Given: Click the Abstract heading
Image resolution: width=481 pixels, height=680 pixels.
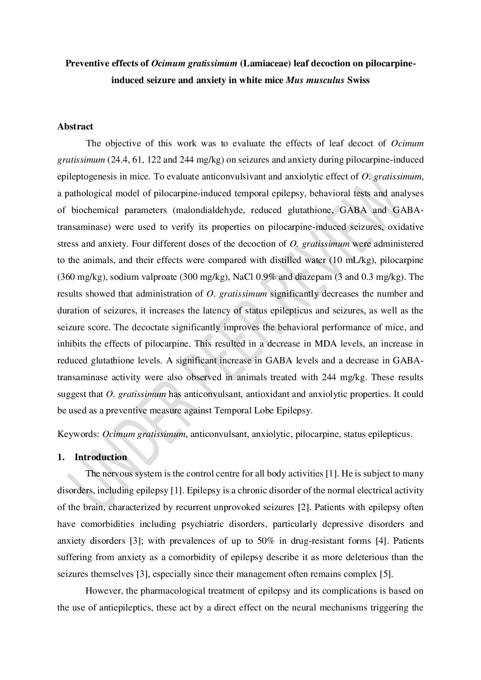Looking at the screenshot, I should point(75,127).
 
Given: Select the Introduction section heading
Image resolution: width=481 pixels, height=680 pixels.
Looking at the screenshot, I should point(100,457).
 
